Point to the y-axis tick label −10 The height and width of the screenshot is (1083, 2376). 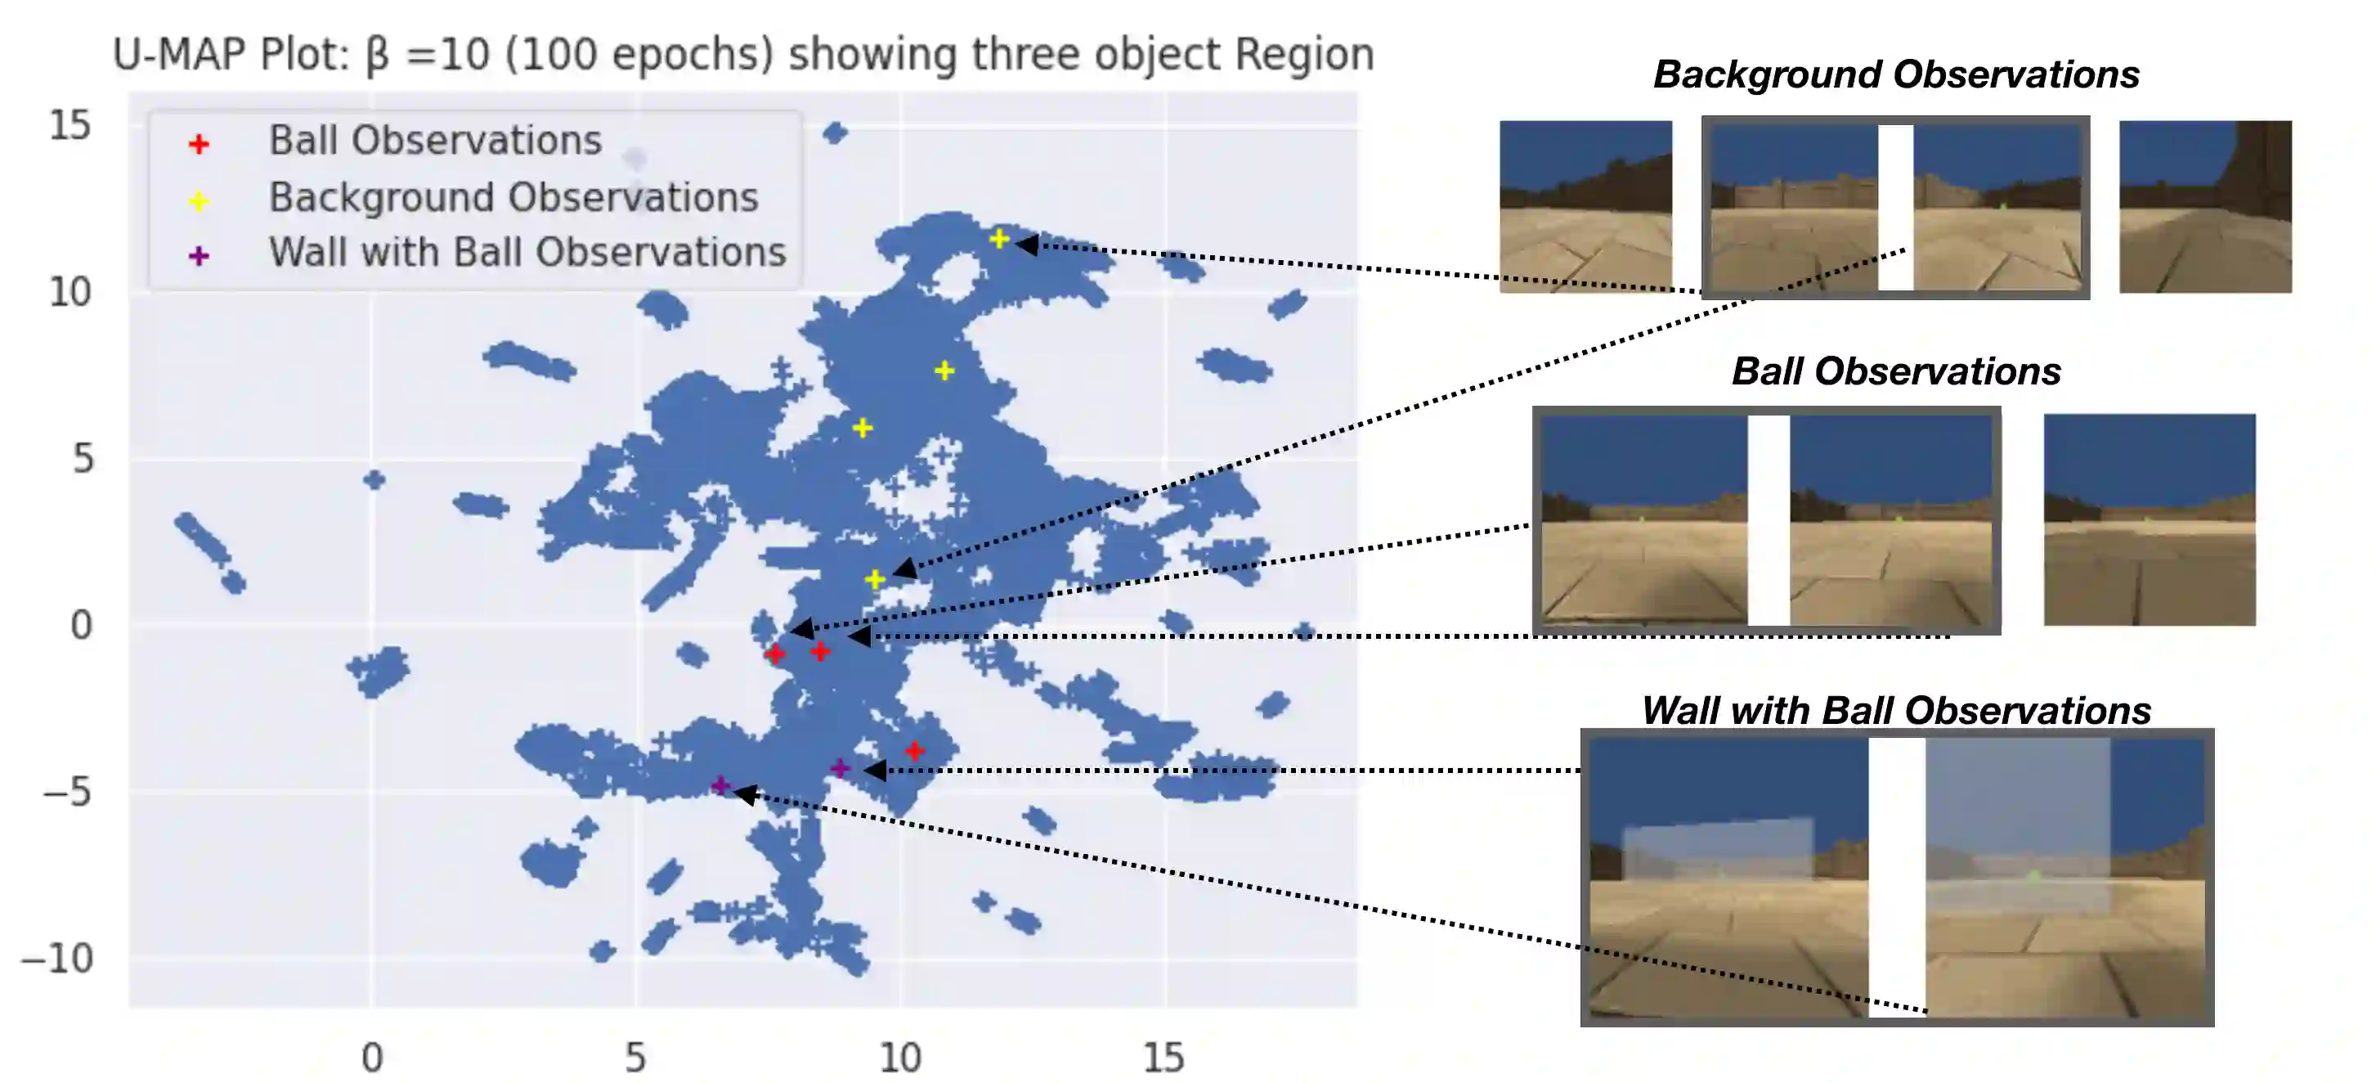pyautogui.click(x=58, y=959)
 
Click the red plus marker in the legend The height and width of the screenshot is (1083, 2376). pyautogui.click(x=199, y=144)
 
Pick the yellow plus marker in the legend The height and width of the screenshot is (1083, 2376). pyautogui.click(x=199, y=200)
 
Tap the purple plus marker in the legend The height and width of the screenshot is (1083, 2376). pyautogui.click(x=199, y=255)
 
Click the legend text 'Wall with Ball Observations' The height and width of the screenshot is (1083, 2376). pyautogui.click(x=527, y=252)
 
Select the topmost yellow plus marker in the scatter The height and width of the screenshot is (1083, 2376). pyautogui.click(x=999, y=239)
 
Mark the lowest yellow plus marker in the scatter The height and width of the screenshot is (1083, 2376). pyautogui.click(x=874, y=579)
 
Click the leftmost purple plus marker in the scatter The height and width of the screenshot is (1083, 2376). pyautogui.click(x=720, y=785)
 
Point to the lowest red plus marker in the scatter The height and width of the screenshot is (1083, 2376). pyautogui.click(x=914, y=750)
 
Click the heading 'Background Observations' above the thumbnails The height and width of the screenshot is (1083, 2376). pyautogui.click(x=1895, y=74)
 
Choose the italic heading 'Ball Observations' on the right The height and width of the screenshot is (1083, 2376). pyautogui.click(x=1895, y=371)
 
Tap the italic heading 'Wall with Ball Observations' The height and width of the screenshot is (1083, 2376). pyautogui.click(x=1895, y=710)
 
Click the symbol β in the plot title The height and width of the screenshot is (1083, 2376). pyautogui.click(x=377, y=56)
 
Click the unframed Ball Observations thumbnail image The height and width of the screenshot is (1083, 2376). pyautogui.click(x=2149, y=519)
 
